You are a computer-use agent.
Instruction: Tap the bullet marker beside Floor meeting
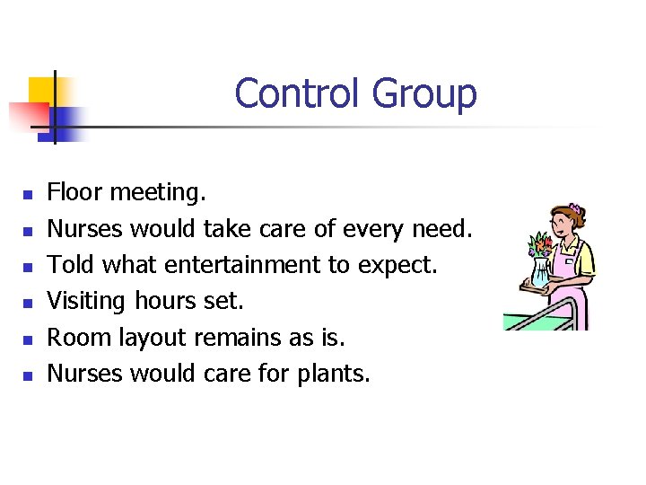click(x=28, y=193)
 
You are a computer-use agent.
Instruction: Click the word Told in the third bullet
click(x=71, y=265)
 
